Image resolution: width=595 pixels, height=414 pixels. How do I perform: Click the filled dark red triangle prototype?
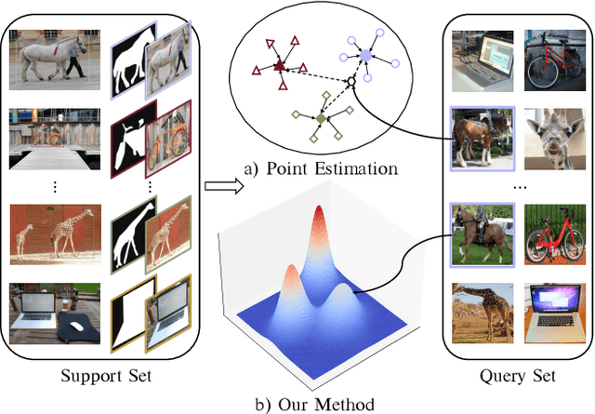click(x=279, y=66)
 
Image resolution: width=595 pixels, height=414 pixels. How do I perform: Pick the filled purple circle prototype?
click(x=366, y=56)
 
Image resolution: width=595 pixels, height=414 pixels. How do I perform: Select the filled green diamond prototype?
click(x=321, y=119)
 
